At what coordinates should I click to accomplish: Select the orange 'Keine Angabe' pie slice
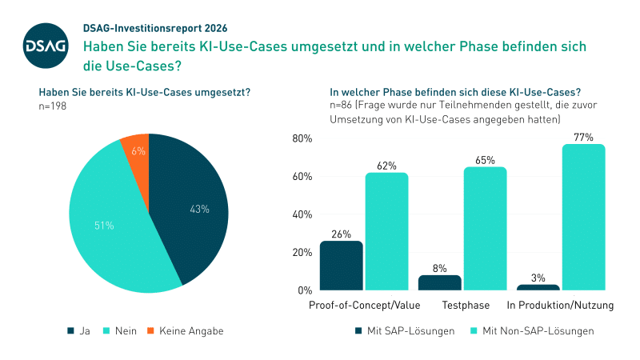click(x=134, y=147)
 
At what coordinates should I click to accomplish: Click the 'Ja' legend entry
click(x=80, y=330)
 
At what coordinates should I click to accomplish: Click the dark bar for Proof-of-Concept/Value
click(x=342, y=266)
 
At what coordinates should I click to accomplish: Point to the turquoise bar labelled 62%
click(x=387, y=231)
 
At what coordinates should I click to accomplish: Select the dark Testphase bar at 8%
click(x=440, y=282)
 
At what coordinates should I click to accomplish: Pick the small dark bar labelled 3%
click(x=538, y=286)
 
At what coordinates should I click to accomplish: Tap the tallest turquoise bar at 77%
click(x=584, y=217)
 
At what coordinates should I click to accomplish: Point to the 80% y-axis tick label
click(x=301, y=138)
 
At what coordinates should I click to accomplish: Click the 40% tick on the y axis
click(x=301, y=214)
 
